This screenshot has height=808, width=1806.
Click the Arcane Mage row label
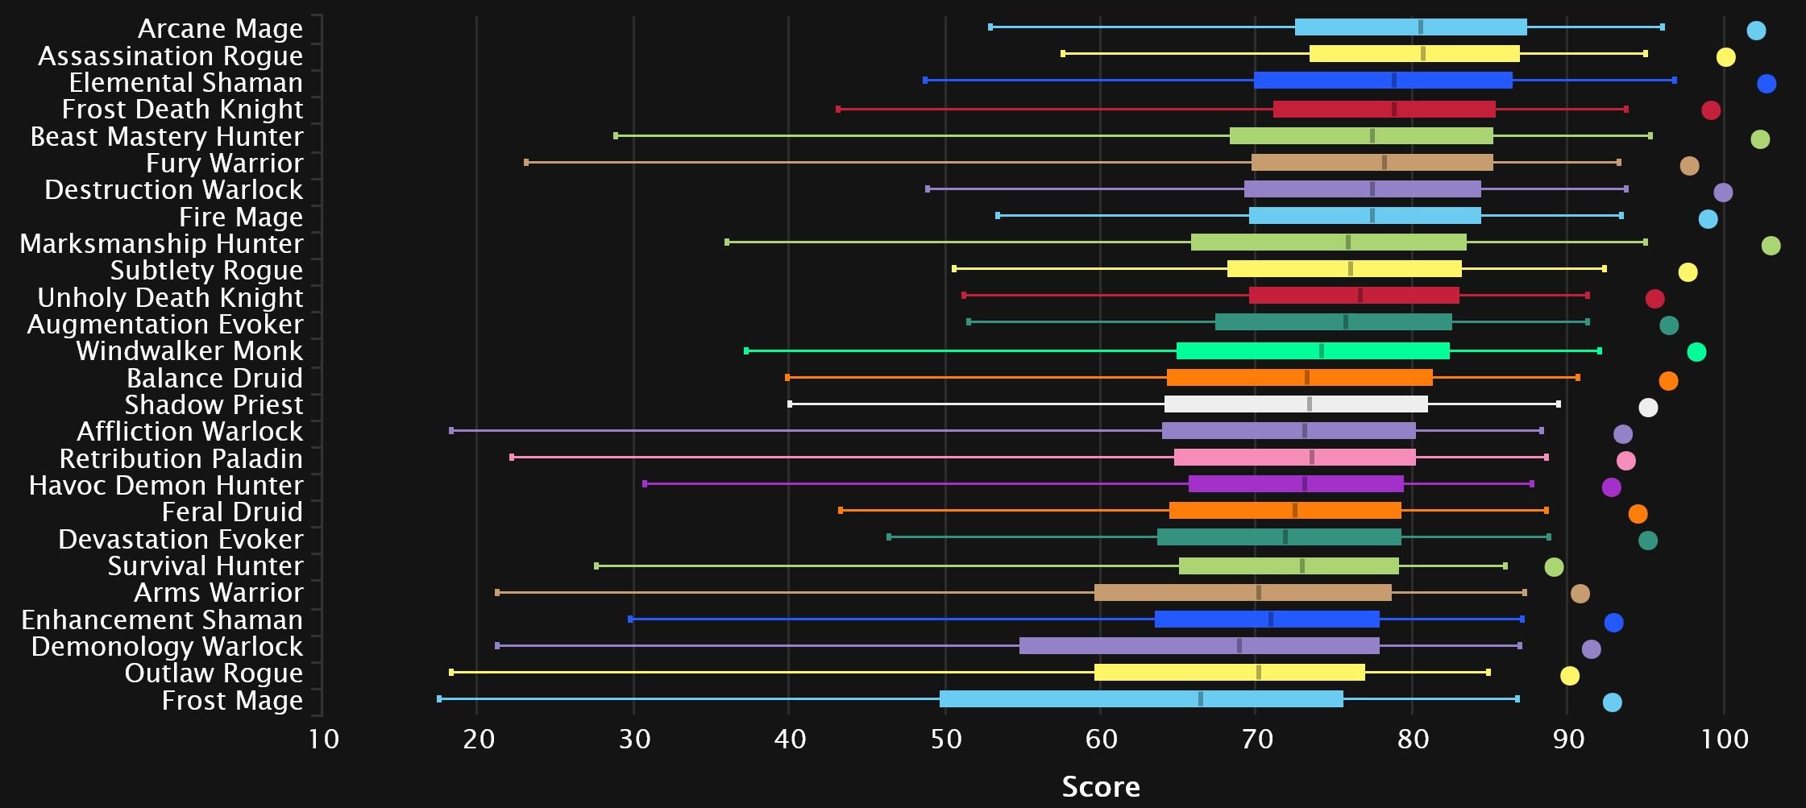pyautogui.click(x=220, y=28)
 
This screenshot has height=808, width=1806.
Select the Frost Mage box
pyautogui.click(x=1140, y=699)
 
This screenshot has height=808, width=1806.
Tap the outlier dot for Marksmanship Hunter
pyautogui.click(x=1771, y=246)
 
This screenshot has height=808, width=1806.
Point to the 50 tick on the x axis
pyautogui.click(x=946, y=739)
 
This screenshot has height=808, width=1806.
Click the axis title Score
pyautogui.click(x=1101, y=786)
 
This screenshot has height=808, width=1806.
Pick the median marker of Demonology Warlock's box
pyautogui.click(x=1239, y=646)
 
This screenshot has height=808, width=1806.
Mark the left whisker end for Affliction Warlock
pyautogui.click(x=451, y=431)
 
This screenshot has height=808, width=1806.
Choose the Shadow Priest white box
pyautogui.click(x=1295, y=404)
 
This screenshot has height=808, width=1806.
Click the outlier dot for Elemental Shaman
pyautogui.click(x=1767, y=84)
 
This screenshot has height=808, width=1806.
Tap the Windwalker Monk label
pyautogui.click(x=189, y=351)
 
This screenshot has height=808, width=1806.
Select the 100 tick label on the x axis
pyautogui.click(x=1725, y=739)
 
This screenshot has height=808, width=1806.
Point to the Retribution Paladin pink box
pyautogui.click(x=1294, y=458)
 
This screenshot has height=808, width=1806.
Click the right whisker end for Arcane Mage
pyautogui.click(x=1662, y=27)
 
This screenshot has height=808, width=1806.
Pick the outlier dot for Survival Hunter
pyautogui.click(x=1554, y=567)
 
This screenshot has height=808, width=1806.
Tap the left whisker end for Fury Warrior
pyautogui.click(x=526, y=163)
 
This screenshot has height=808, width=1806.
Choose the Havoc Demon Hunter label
pyautogui.click(x=166, y=485)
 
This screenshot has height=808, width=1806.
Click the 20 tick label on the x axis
pyautogui.click(x=479, y=739)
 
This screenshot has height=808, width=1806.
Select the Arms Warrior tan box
pyautogui.click(x=1243, y=593)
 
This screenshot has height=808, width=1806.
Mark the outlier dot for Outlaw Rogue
pyautogui.click(x=1569, y=676)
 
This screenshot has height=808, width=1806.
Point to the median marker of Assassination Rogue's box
pyautogui.click(x=1423, y=54)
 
